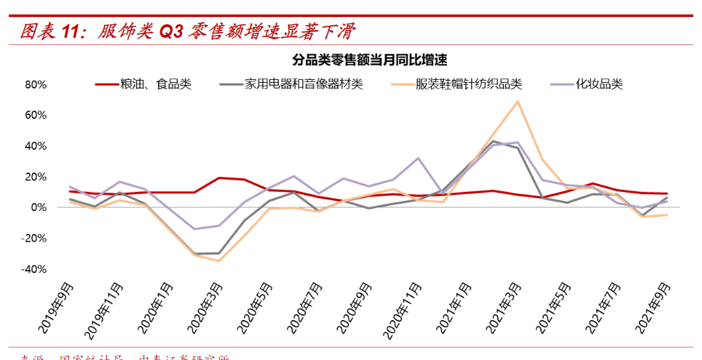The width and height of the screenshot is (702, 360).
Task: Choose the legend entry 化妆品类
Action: pos(599,84)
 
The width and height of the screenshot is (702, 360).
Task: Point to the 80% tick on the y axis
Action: pos(36,84)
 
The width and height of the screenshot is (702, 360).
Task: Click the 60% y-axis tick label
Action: pos(36,115)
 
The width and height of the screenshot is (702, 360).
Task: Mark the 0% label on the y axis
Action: pos(38,207)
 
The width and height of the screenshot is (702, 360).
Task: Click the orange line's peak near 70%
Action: pos(517,101)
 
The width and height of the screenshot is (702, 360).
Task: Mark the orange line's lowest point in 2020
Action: pos(219,261)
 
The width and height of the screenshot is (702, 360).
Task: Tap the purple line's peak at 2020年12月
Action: pos(418,158)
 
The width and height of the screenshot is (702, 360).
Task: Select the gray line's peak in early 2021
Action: pos(492,141)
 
